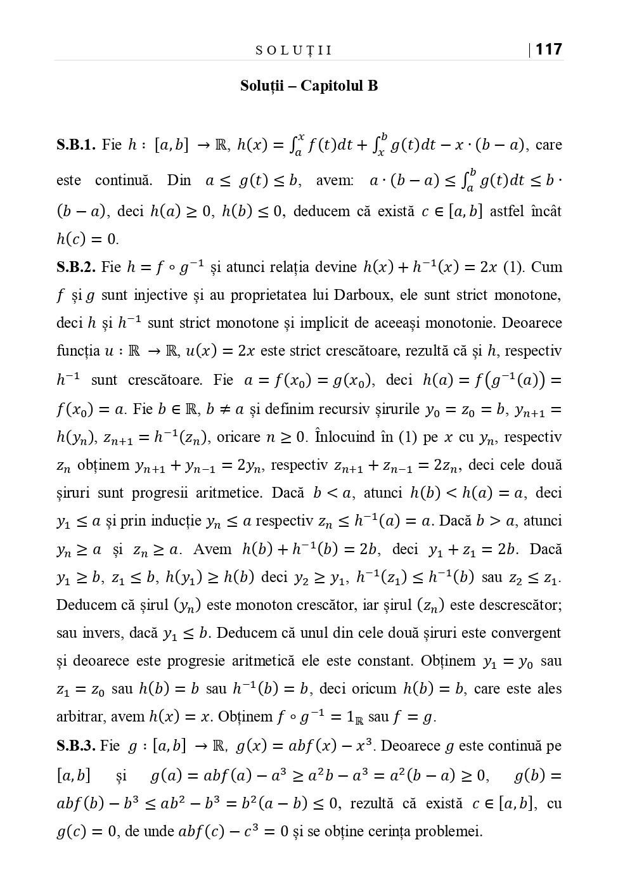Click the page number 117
(x=549, y=49)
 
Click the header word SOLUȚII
(x=293, y=51)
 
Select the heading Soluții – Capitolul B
(x=309, y=86)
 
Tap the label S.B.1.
(x=76, y=145)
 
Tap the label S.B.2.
(x=76, y=267)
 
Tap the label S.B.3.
(x=76, y=746)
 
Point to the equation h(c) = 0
(x=87, y=240)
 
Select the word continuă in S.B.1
(x=124, y=180)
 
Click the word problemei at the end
(x=449, y=831)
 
